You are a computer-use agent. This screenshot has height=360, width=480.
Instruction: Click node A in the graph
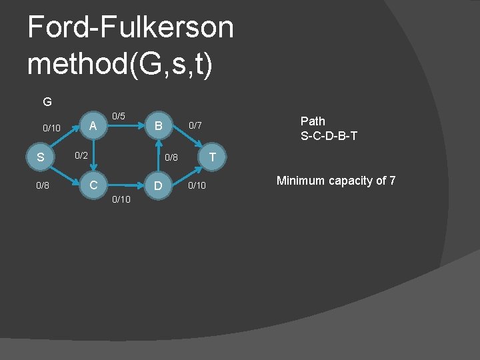click(x=94, y=125)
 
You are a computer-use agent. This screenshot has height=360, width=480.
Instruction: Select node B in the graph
click(x=158, y=125)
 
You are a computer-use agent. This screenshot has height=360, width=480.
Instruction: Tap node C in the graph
click(x=94, y=185)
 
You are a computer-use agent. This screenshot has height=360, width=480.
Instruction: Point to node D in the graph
click(x=158, y=185)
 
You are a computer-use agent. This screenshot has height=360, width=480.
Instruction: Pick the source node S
click(x=41, y=158)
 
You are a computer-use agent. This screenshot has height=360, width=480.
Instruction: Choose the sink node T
click(x=212, y=157)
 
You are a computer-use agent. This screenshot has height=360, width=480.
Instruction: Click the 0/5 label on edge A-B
click(x=119, y=116)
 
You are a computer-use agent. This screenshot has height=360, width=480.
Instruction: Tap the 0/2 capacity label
click(x=81, y=155)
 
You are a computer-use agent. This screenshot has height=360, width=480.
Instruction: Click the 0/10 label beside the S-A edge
click(x=51, y=128)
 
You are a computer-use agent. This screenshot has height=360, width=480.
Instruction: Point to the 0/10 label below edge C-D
click(x=121, y=200)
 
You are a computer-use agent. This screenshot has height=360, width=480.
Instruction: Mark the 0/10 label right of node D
click(x=197, y=185)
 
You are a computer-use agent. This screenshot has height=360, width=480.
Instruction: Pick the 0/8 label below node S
click(x=43, y=185)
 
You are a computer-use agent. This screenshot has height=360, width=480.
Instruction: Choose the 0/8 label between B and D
click(x=171, y=158)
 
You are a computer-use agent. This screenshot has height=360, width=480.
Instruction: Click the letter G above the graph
click(x=47, y=102)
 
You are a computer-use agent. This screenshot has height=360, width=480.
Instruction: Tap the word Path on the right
click(x=313, y=121)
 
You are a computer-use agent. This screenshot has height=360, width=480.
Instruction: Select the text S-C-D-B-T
click(x=329, y=136)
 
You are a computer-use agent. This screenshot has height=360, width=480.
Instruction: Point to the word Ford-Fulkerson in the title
click(x=131, y=27)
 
